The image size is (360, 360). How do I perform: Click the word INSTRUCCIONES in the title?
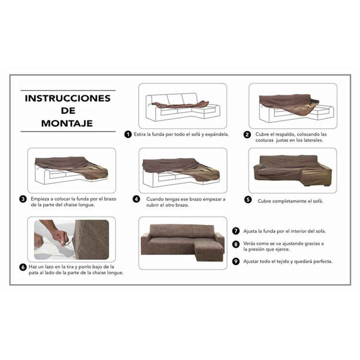coord(68,98)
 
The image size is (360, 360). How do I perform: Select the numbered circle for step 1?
coord(128,134)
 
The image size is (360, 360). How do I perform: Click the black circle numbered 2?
coord(247,134)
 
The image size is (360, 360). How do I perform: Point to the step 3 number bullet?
coord(23,199)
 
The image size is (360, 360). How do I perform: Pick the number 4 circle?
coord(136,199)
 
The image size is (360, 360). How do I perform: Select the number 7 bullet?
coord(236,230)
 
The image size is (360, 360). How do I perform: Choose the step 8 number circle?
coord(236,243)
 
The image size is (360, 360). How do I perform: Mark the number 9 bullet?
coord(236,262)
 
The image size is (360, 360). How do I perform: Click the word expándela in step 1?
coord(217,134)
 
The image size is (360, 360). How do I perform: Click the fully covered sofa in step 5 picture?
coord(292,167)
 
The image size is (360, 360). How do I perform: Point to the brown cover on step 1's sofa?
coord(180,104)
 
